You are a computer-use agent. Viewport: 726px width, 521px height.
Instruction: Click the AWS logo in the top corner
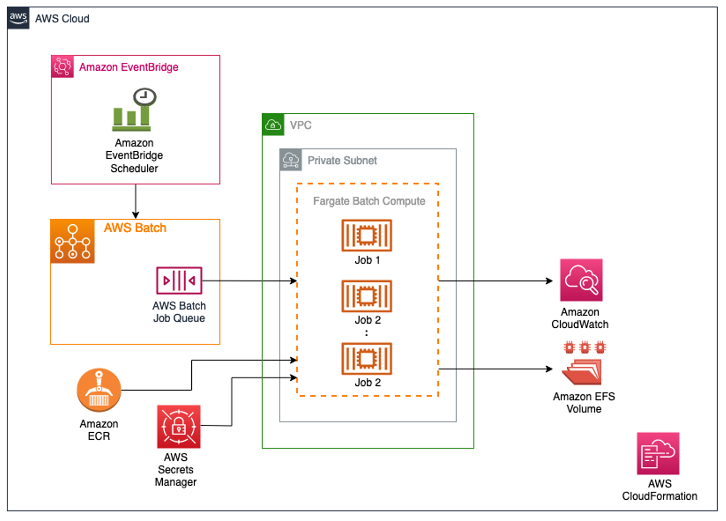[x=18, y=18]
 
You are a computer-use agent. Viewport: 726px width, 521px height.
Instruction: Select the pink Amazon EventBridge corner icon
[x=62, y=66]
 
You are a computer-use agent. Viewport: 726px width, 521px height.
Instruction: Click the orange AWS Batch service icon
[x=73, y=241]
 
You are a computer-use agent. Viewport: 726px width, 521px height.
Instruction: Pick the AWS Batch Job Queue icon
[x=179, y=280]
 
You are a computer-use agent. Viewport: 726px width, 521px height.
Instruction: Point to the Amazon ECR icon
[x=99, y=390]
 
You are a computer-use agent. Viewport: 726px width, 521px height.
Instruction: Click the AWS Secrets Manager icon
[x=178, y=426]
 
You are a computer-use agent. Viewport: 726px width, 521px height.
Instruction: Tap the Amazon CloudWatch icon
[x=581, y=280]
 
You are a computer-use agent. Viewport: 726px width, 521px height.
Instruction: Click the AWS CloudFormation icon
[x=658, y=453]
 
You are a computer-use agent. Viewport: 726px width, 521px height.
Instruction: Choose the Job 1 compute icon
[x=366, y=235]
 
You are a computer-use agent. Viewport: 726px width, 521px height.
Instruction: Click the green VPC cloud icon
[x=273, y=125]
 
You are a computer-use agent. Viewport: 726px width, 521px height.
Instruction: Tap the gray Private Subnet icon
[x=291, y=160]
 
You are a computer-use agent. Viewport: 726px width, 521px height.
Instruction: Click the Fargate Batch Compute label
[x=369, y=201]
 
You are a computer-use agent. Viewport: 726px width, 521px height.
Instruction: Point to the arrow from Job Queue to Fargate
[x=250, y=280]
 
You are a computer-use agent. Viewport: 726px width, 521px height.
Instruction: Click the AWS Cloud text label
[x=62, y=19]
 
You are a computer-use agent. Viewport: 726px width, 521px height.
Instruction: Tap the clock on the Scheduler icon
[x=145, y=97]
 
